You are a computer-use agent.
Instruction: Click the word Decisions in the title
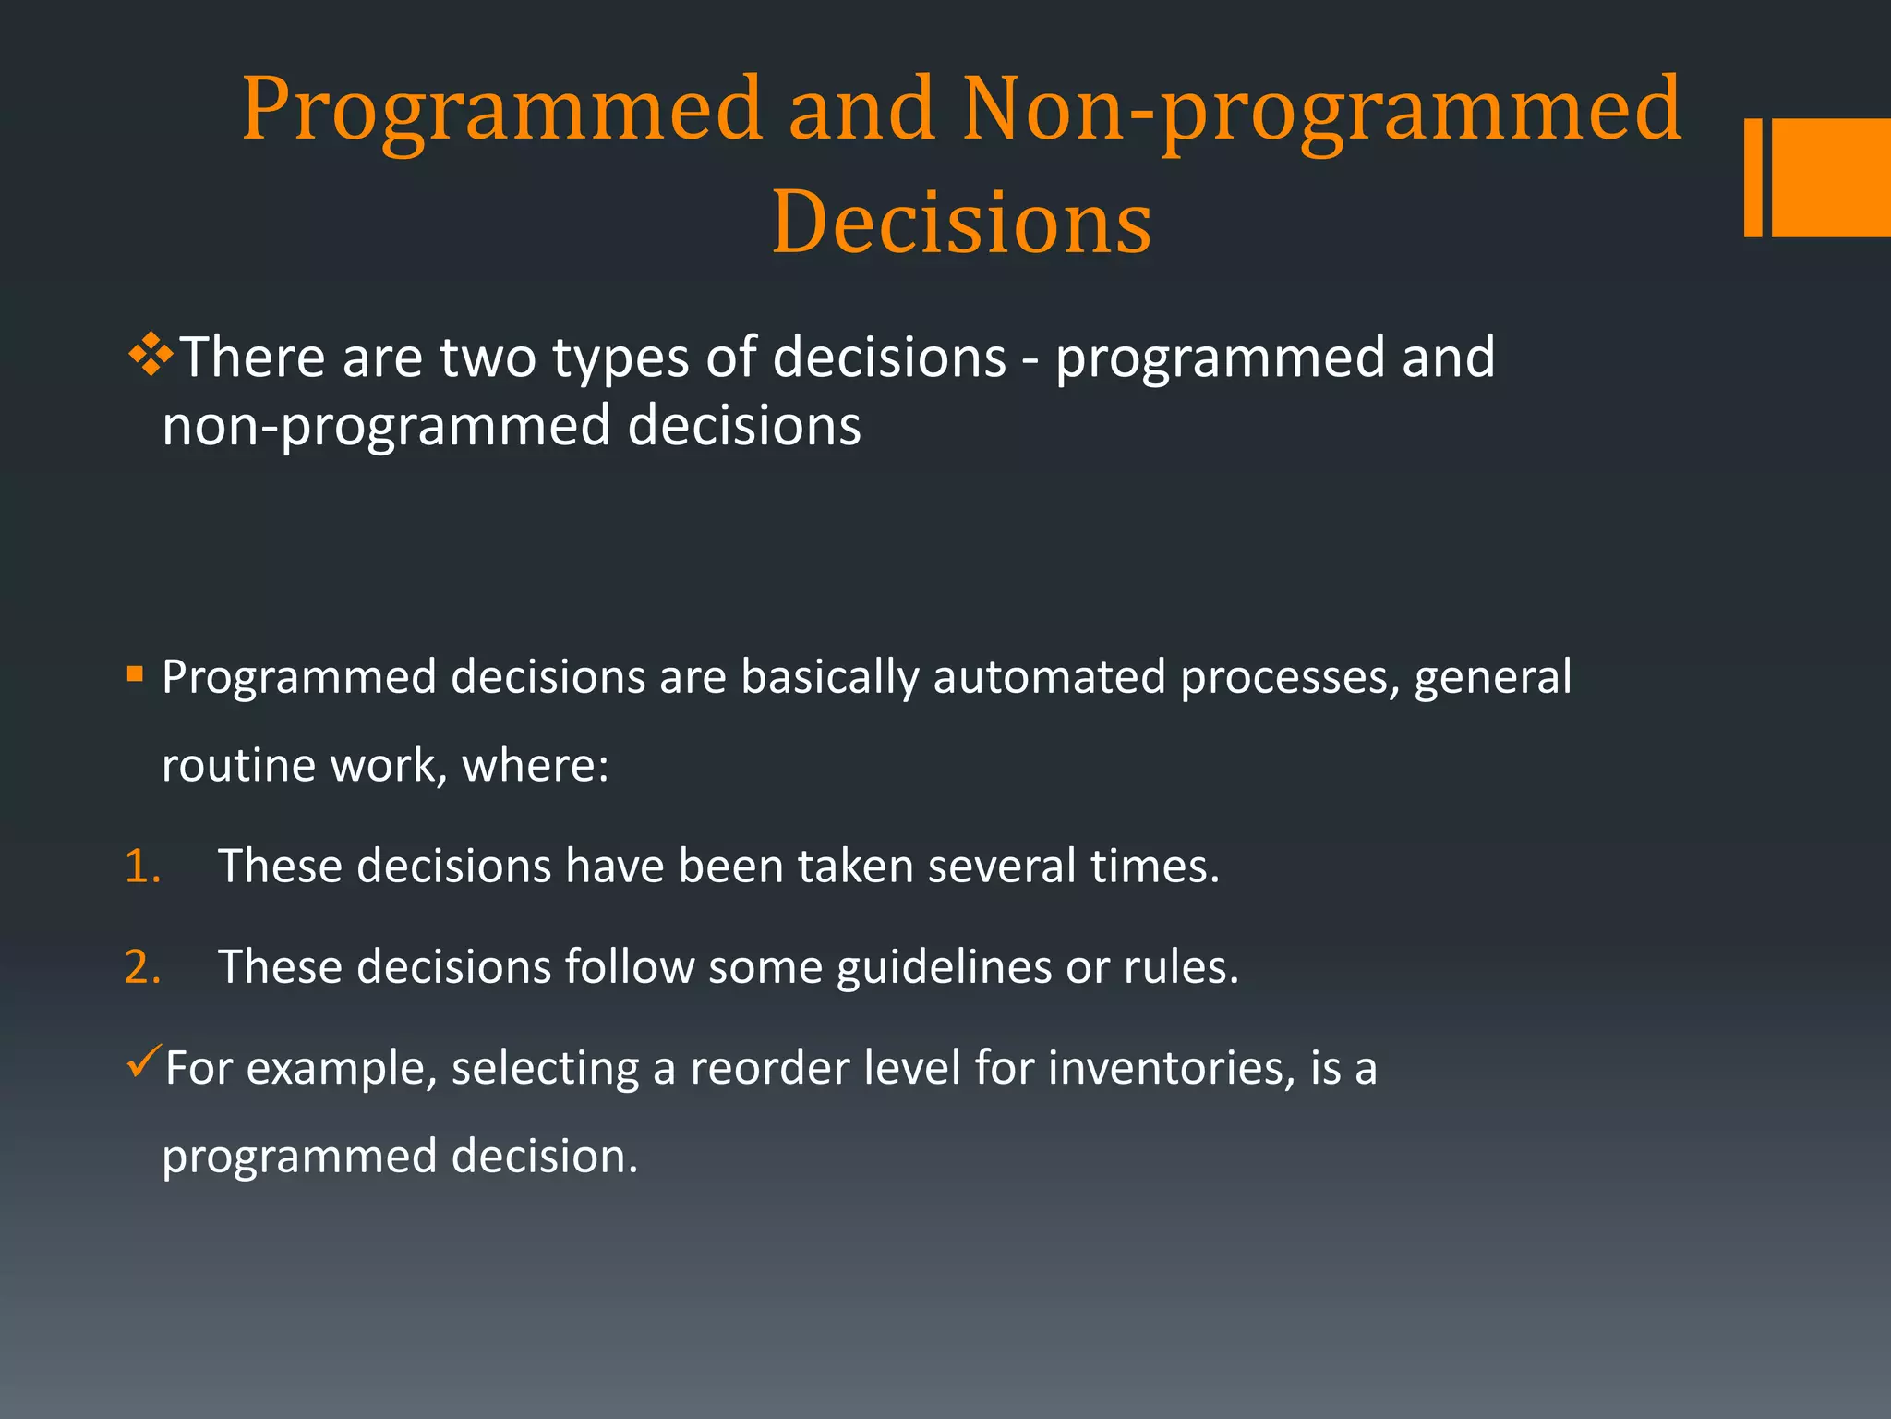coord(961,222)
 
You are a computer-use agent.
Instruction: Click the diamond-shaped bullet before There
coord(151,356)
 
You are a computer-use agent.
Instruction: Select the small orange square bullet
coord(136,673)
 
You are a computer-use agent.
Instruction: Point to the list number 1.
coord(142,867)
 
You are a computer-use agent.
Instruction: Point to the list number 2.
coord(142,967)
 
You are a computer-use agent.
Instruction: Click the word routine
coord(239,766)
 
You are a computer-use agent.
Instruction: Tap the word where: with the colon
coord(536,766)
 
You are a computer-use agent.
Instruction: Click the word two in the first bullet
coord(488,358)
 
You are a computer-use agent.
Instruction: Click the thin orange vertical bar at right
coord(1752,177)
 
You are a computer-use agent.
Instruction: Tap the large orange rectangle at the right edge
coord(1831,177)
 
